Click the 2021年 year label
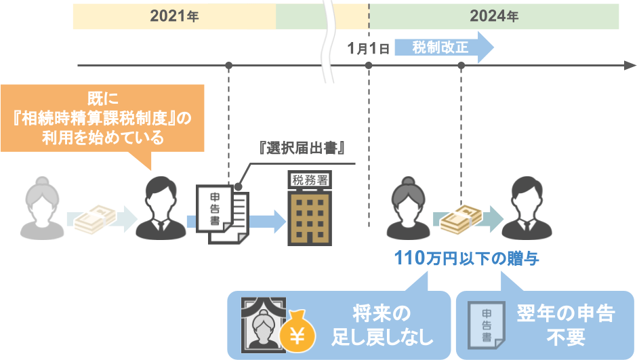point(174,16)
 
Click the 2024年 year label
point(494,16)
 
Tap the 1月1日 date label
point(369,48)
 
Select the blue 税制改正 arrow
point(444,47)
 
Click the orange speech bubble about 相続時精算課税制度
point(102,118)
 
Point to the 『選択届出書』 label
point(302,148)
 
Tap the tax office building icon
point(310,208)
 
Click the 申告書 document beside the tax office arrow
point(222,214)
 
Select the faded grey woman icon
point(42,208)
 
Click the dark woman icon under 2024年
point(408,208)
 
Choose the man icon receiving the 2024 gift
point(527,208)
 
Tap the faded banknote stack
point(96,220)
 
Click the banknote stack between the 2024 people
point(461,220)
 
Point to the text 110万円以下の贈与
point(467,258)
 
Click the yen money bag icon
point(297,333)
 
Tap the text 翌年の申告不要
point(565,325)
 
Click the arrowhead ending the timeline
point(630,65)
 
